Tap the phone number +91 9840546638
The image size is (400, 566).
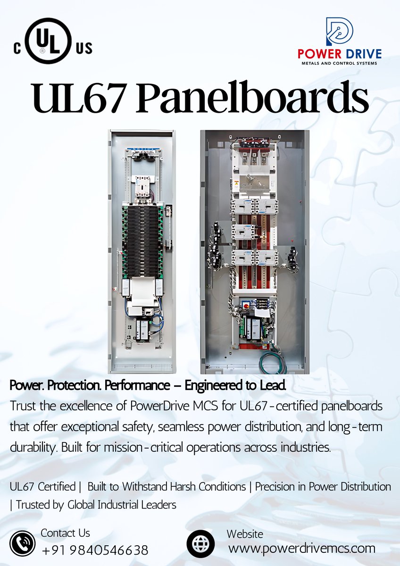click(95, 550)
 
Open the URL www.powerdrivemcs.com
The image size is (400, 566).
click(302, 549)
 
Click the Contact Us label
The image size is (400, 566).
click(65, 533)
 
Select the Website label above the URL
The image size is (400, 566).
click(245, 534)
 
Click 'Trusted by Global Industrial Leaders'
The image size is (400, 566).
click(96, 505)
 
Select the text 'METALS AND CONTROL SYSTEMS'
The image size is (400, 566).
click(339, 63)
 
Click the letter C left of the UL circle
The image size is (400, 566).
click(17, 49)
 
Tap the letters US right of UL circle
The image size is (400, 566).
click(83, 48)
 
